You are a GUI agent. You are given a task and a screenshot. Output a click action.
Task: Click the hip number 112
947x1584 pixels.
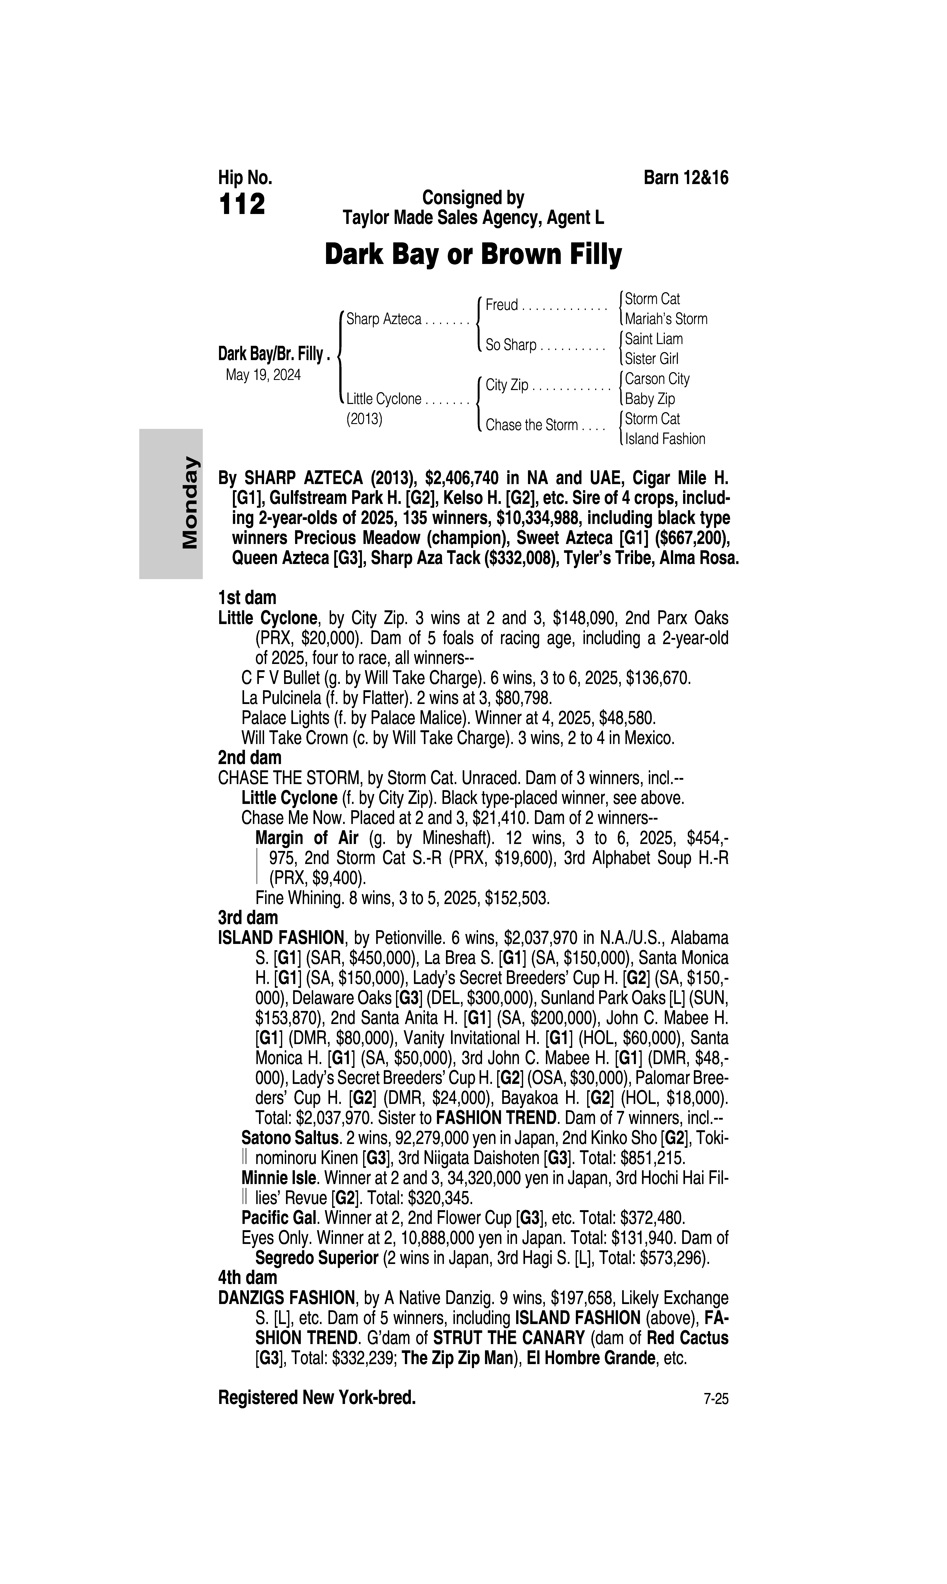coord(242,205)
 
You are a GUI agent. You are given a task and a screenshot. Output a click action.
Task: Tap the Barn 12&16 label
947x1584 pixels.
coord(686,178)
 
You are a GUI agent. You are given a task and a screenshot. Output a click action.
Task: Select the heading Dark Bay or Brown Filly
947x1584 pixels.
coord(473,255)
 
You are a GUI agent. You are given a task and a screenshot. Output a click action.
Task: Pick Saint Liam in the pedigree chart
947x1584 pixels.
coord(653,339)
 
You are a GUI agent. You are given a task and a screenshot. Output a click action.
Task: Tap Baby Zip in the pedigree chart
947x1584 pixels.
coord(650,399)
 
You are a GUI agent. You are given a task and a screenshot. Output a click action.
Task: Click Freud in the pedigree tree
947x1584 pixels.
coord(502,305)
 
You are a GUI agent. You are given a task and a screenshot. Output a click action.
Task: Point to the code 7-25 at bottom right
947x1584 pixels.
coord(716,1400)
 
